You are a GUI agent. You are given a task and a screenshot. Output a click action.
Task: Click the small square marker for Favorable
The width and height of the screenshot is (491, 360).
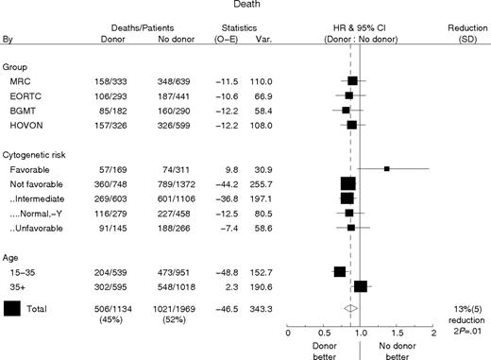(x=387, y=168)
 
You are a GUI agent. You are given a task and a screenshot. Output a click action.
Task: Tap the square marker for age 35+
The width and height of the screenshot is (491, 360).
(x=361, y=286)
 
